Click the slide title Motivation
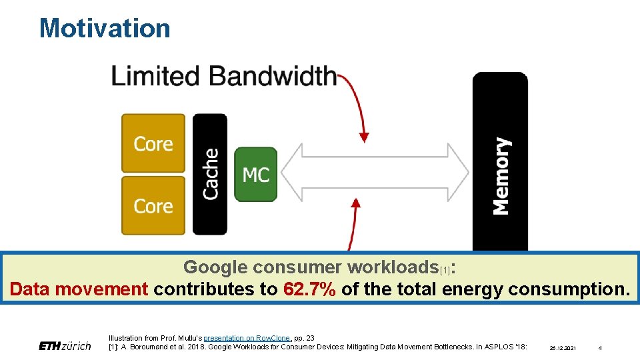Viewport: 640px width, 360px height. point(105,28)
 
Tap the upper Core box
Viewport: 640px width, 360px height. point(153,143)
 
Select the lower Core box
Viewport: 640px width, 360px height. point(153,205)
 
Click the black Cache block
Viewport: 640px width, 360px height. point(210,173)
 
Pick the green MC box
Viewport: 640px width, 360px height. point(255,175)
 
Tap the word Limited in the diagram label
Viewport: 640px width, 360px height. point(155,75)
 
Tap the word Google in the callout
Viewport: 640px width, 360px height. point(215,267)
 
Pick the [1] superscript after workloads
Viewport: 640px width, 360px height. point(445,270)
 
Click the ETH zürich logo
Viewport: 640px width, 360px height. point(65,346)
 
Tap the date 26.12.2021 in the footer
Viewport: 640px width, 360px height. point(563,348)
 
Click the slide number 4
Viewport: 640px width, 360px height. point(600,348)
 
